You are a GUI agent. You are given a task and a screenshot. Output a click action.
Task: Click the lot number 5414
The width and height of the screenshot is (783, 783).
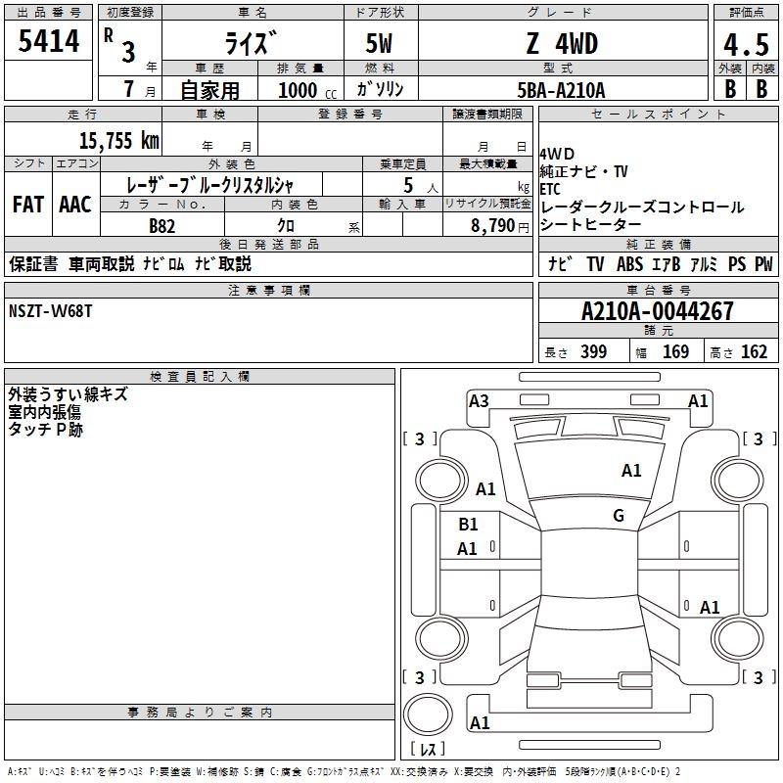point(48,40)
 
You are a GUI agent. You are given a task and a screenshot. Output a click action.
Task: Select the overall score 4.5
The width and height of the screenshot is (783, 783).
point(746,44)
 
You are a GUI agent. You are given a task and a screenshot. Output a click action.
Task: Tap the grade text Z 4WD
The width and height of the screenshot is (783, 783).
point(562,43)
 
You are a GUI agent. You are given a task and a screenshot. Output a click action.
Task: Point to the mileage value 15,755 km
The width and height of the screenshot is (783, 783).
point(118,140)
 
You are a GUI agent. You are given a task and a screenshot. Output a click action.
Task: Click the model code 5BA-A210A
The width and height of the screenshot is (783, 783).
point(561,90)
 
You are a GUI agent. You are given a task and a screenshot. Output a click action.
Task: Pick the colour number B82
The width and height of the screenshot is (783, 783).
point(161,226)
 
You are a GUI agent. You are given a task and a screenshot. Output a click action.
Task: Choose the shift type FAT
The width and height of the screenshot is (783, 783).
point(28,205)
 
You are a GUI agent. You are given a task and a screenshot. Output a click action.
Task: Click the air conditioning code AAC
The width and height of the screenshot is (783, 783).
point(75,205)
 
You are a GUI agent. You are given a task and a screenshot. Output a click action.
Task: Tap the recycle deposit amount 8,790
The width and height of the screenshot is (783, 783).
point(493,225)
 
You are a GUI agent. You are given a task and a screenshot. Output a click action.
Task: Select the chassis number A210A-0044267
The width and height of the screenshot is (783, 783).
point(658,310)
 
